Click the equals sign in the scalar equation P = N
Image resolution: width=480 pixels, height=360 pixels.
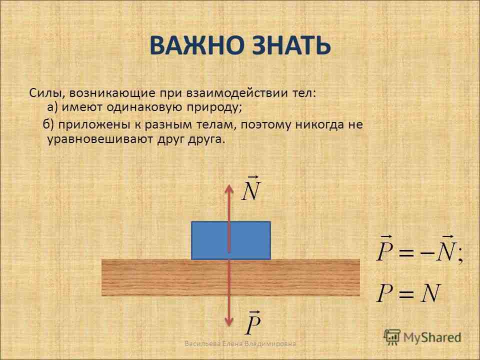pos(406,293)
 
